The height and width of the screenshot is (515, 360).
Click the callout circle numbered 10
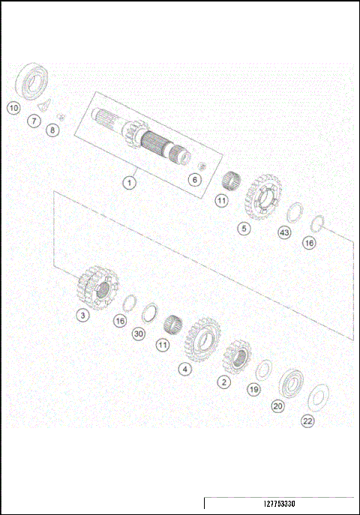[x=13, y=107]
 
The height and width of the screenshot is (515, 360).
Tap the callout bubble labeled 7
[x=34, y=121]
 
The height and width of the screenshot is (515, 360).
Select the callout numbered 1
[x=130, y=181]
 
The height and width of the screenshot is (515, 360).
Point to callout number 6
[x=194, y=180]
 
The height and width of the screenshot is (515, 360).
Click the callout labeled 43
[x=283, y=232]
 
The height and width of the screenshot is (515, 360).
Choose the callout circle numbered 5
[x=243, y=227]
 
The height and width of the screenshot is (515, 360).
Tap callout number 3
[x=83, y=316]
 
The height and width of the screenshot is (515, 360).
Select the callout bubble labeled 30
[x=138, y=334]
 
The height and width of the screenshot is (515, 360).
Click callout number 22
[x=307, y=421]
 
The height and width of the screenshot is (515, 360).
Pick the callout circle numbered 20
[x=277, y=406]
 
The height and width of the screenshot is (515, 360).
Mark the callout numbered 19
[x=253, y=389]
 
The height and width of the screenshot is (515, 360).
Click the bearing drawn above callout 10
[x=33, y=80]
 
